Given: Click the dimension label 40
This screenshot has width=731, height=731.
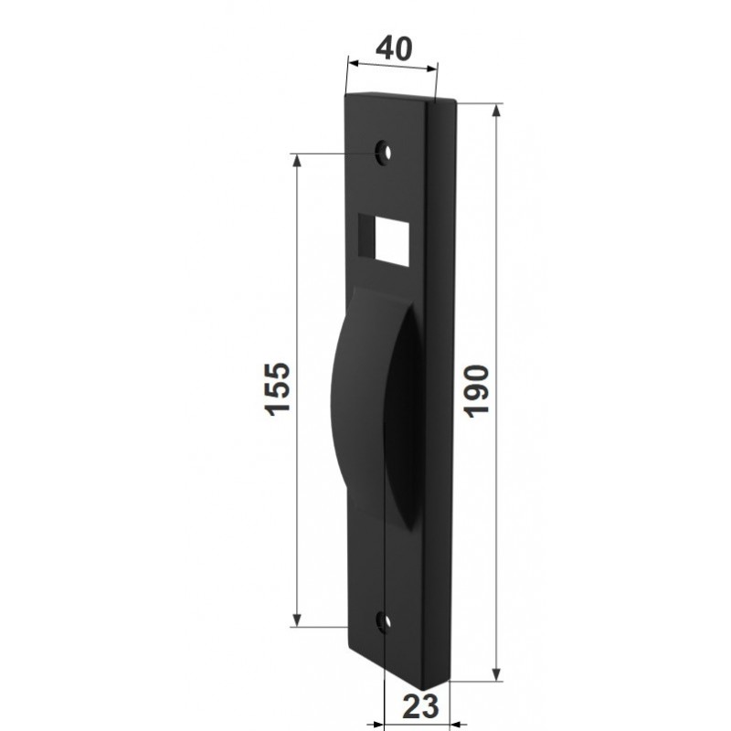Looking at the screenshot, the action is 394,48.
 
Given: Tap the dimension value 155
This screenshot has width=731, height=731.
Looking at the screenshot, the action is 278,387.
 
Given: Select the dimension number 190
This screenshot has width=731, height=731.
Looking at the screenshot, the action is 476,392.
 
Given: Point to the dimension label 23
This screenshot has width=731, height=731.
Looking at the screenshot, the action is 421,705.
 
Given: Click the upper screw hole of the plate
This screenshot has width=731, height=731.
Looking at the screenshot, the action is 384,152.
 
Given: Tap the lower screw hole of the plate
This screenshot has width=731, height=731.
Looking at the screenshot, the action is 385,622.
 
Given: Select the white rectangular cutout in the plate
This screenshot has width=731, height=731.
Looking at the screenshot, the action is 392,242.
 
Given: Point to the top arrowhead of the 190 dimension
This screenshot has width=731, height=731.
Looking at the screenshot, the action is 496,111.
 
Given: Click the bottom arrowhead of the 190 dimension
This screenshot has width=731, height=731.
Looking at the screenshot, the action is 496,673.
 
